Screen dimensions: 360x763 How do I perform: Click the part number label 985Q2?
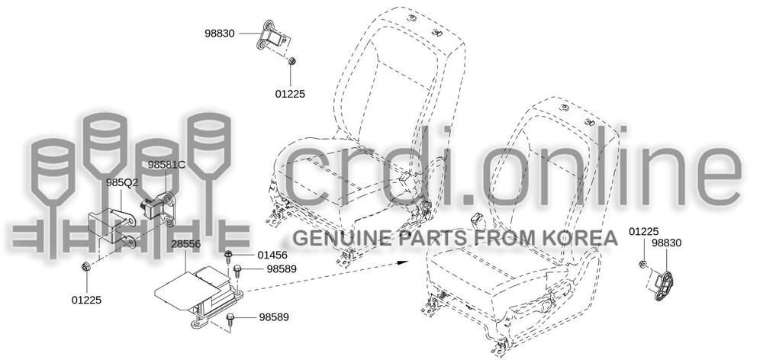pos(122,183)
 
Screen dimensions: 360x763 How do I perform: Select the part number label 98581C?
pos(166,164)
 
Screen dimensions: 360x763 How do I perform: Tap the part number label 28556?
pos(185,243)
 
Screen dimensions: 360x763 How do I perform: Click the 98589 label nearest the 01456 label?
pos(282,268)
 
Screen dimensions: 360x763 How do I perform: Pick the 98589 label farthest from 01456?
pos(274,317)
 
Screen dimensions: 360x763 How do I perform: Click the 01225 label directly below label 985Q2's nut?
pos(86,300)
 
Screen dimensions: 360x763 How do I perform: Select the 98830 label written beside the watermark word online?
pos(666,243)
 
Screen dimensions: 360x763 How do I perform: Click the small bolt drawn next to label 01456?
pos(228,255)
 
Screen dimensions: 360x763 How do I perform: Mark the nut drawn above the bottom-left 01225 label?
pos(86,267)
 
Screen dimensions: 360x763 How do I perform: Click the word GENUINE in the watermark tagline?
pos(330,238)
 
